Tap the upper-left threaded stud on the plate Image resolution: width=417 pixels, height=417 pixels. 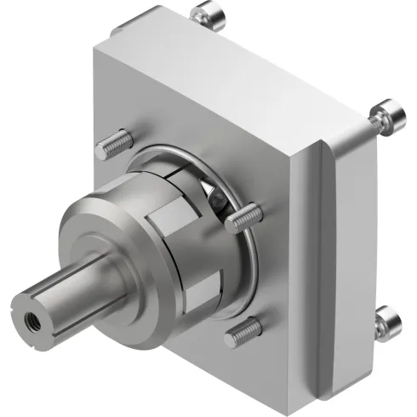[114, 145]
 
